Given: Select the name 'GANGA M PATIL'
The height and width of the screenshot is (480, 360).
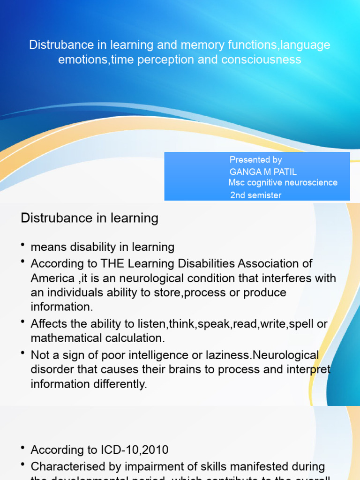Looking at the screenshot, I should click(x=263, y=172).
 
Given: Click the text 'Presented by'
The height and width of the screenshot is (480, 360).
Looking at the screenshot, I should click(x=255, y=160).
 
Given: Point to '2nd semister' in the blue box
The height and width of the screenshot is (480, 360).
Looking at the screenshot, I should click(x=255, y=195).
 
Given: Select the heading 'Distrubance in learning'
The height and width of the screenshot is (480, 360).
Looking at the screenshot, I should click(x=90, y=218).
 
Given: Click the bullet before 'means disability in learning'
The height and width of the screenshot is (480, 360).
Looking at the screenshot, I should click(x=23, y=245).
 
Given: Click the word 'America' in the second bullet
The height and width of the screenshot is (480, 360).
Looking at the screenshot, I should click(x=52, y=278).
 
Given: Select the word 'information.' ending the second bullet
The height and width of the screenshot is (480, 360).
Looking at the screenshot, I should click(x=61, y=307).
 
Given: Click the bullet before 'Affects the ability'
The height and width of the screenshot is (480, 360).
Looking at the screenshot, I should click(x=23, y=322).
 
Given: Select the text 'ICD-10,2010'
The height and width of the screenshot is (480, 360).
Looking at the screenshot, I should click(x=133, y=450).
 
